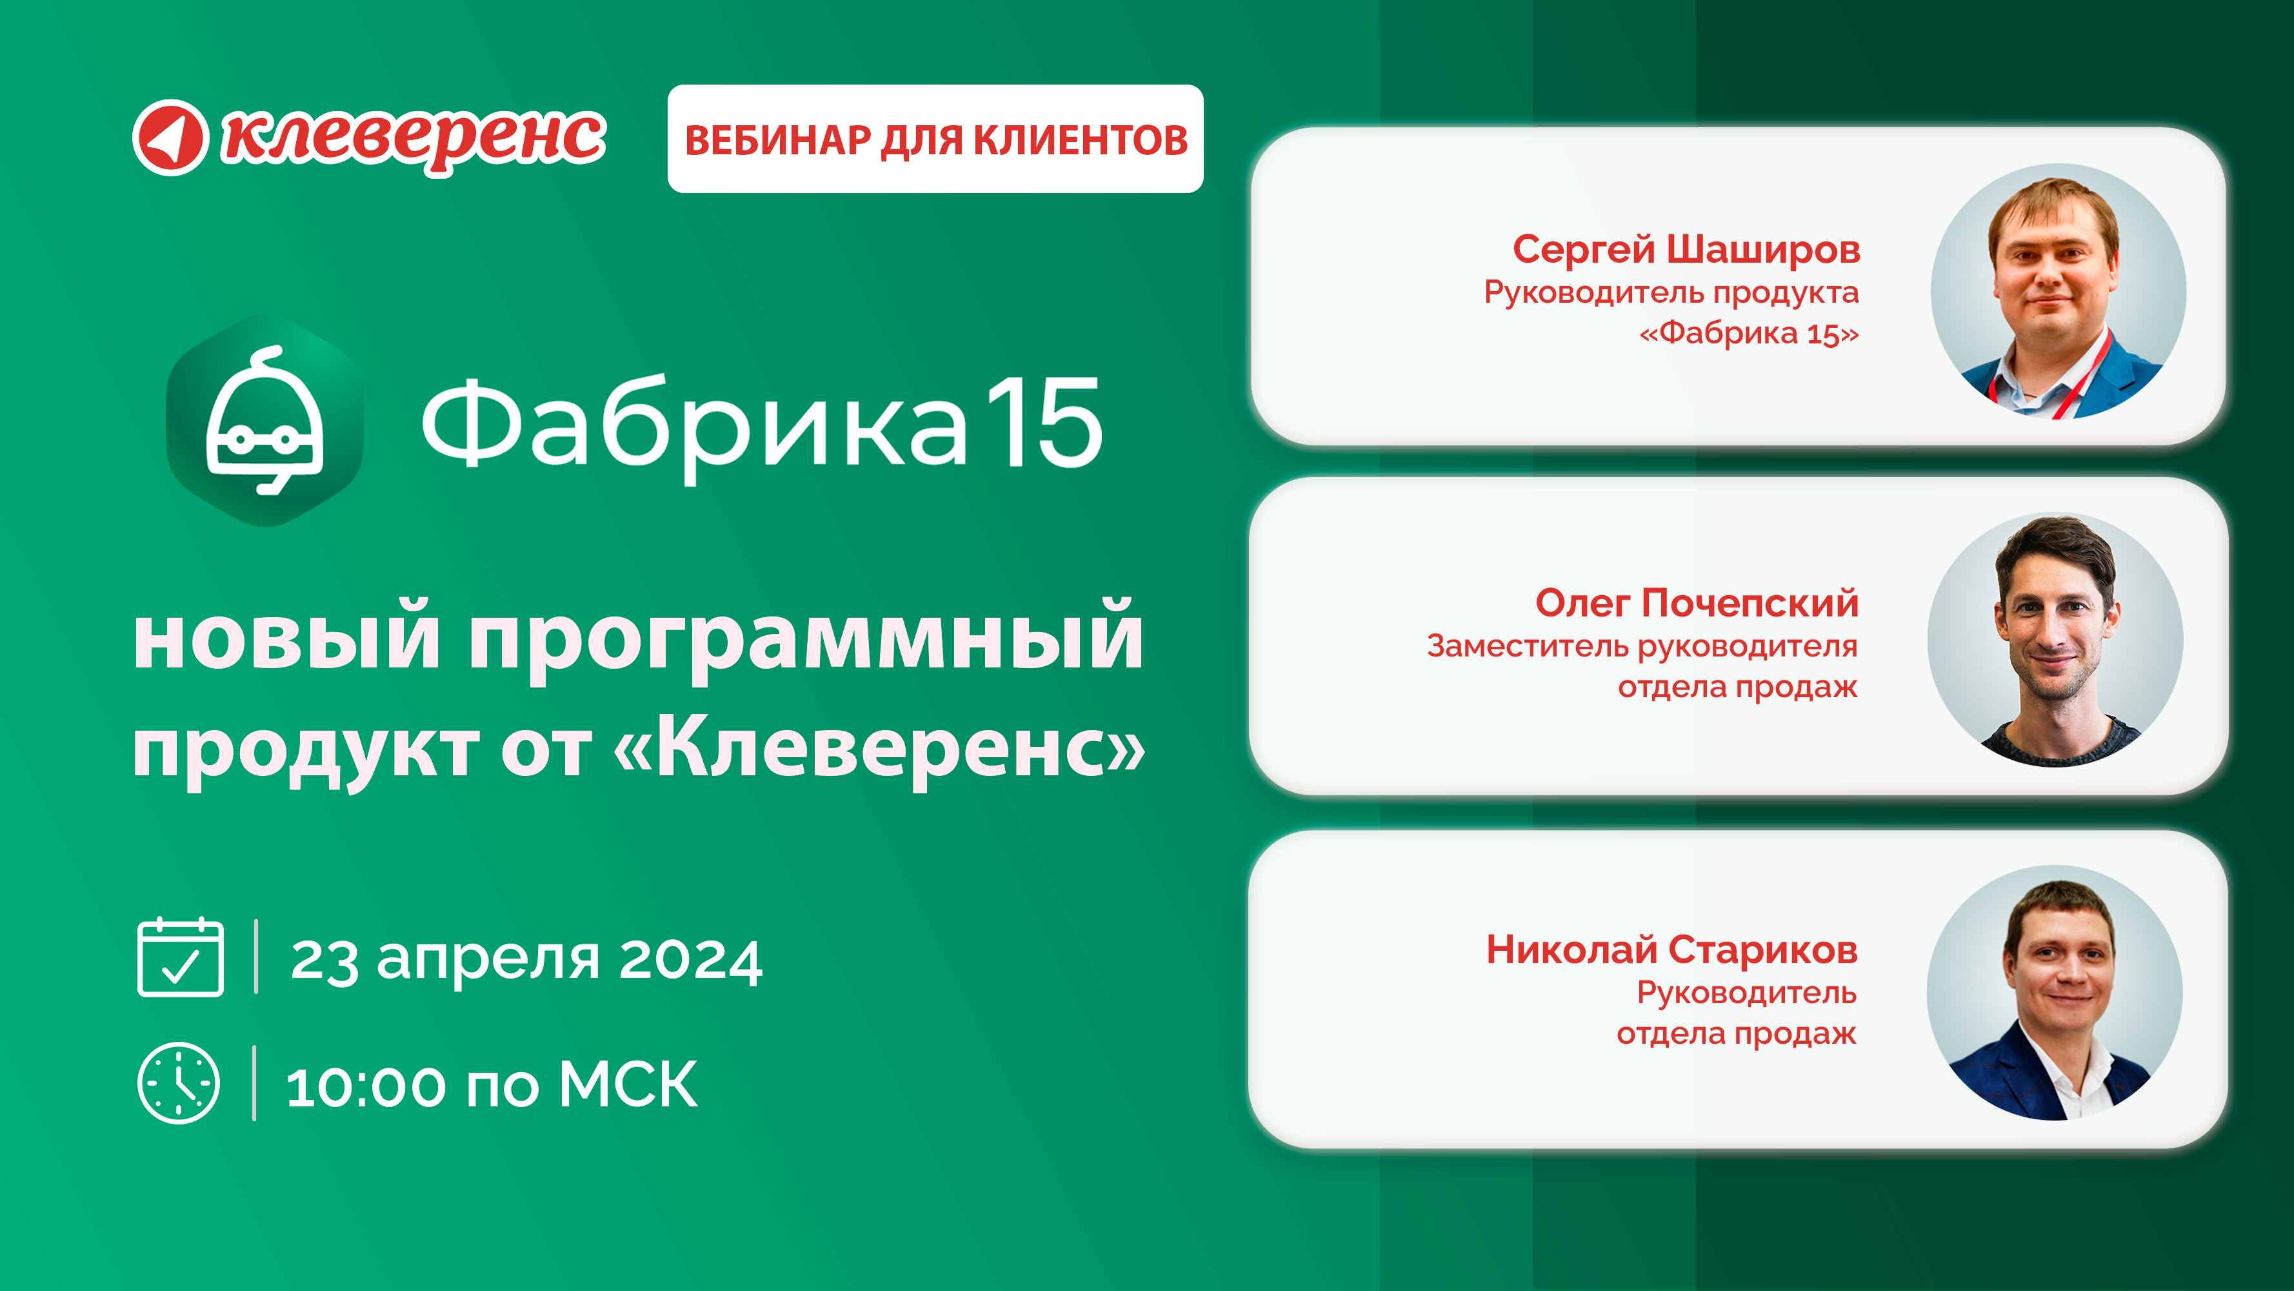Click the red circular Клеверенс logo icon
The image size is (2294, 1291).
[170, 137]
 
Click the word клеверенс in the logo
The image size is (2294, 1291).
[414, 139]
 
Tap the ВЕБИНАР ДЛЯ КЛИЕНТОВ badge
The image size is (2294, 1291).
[935, 139]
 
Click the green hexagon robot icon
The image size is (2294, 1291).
[264, 420]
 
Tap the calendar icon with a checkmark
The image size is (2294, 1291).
[180, 956]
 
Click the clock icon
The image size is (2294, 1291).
[178, 1083]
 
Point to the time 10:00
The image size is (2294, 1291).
[365, 1087]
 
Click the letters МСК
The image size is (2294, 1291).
[628, 1085]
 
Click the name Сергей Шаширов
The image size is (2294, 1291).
[1687, 249]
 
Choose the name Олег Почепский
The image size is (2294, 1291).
[1697, 603]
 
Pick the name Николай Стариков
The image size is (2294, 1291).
[1671, 950]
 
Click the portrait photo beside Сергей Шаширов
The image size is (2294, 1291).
[2058, 291]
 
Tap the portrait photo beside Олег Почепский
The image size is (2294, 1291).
[2055, 640]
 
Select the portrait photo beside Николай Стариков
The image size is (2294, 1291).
[2055, 993]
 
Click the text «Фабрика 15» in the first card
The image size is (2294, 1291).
[1749, 333]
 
